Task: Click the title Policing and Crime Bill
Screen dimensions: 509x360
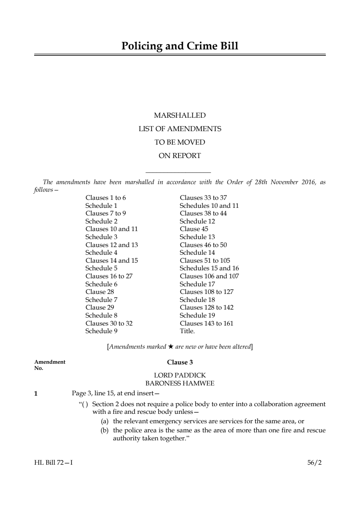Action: click(180, 46)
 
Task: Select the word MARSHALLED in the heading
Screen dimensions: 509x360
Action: click(180, 116)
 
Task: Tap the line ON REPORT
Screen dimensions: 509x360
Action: click(180, 156)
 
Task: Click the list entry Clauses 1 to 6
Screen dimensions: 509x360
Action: click(106, 198)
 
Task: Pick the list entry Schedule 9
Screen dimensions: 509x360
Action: click(101, 331)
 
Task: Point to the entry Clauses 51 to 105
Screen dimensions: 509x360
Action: click(205, 260)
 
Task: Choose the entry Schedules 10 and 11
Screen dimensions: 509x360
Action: click(209, 206)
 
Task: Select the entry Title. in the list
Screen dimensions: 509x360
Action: click(187, 331)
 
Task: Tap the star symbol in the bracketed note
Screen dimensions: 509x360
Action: click(171, 347)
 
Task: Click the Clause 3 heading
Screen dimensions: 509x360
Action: click(180, 362)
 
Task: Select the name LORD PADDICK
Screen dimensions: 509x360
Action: click(180, 375)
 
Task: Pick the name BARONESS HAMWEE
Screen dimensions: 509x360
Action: click(180, 383)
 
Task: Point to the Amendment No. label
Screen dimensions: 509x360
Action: click(50, 365)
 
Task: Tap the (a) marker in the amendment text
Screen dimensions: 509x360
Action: click(105, 421)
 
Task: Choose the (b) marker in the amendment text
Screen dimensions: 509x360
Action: click(105, 431)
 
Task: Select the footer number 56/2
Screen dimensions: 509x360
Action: click(314, 463)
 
